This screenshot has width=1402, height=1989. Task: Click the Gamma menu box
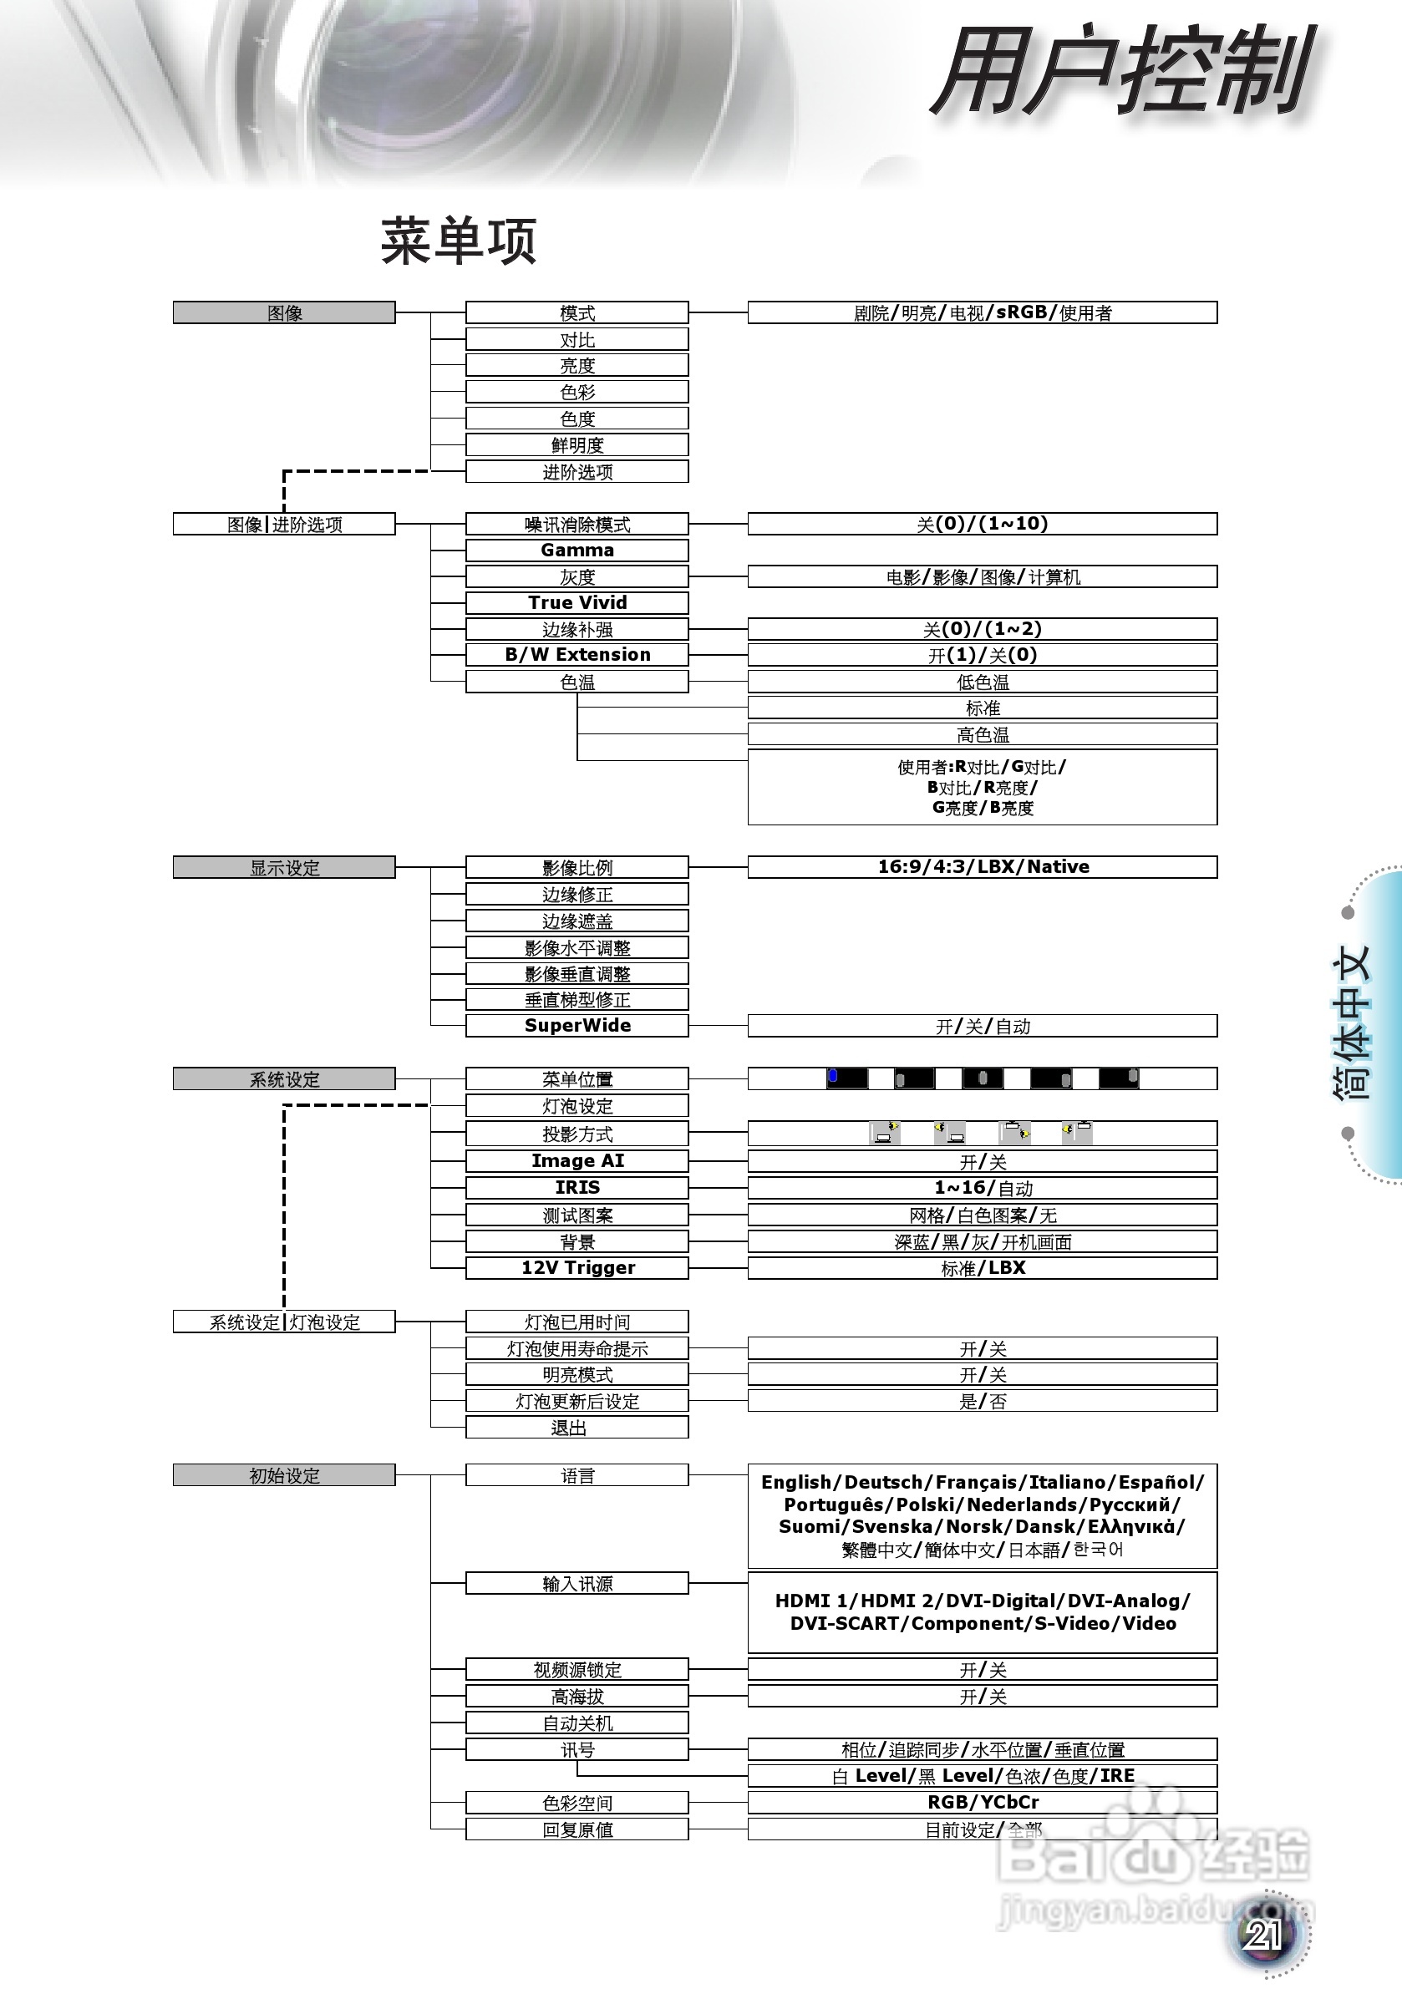(x=577, y=551)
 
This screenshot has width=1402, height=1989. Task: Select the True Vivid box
(x=577, y=603)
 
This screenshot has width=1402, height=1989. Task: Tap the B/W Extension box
(x=577, y=655)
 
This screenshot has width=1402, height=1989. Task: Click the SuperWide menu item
(x=577, y=1026)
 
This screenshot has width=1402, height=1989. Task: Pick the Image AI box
(x=577, y=1161)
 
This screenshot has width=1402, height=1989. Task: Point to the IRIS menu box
(x=577, y=1188)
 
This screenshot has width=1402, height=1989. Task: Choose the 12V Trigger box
(x=577, y=1268)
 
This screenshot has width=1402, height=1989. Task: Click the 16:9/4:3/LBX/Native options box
(x=983, y=867)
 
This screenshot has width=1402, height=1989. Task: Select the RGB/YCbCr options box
(x=983, y=1803)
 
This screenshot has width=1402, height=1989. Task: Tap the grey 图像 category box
(x=284, y=312)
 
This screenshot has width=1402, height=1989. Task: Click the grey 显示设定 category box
(x=284, y=867)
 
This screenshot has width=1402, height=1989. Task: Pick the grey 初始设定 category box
(x=284, y=1475)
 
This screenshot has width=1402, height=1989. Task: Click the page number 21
(x=1263, y=1935)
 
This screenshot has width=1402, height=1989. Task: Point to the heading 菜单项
(x=460, y=241)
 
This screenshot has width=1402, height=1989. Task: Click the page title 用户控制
(x=1123, y=71)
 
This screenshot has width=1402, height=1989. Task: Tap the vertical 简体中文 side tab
(x=1352, y=1022)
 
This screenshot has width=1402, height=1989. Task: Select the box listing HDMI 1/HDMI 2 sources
(x=983, y=1612)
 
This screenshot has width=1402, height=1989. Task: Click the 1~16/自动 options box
(x=983, y=1188)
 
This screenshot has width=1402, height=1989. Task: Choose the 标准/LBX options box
(x=983, y=1268)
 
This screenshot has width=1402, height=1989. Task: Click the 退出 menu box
(x=577, y=1428)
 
